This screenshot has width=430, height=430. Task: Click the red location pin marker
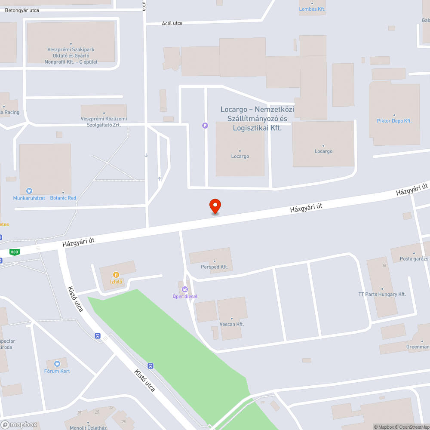coord(215,206)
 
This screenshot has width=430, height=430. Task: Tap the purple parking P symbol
coord(205,126)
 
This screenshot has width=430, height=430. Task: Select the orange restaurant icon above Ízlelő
coord(116,275)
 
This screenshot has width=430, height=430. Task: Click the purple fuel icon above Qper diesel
coord(185,289)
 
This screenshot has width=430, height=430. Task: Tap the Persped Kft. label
coord(214,267)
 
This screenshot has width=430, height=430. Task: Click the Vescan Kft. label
coord(232,324)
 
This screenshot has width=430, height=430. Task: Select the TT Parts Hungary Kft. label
coord(382,295)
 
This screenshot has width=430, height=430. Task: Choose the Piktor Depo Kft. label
coord(394,121)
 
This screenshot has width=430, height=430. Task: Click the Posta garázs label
coord(414,259)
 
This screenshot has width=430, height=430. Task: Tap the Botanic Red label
coord(63,198)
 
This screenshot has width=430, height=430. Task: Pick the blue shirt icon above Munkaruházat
coord(29,190)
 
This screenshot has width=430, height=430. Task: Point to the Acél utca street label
coord(172,23)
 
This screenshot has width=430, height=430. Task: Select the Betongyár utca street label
coord(22,10)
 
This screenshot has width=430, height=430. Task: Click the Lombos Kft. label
coord(312,9)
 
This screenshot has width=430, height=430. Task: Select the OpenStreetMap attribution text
coord(412,427)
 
